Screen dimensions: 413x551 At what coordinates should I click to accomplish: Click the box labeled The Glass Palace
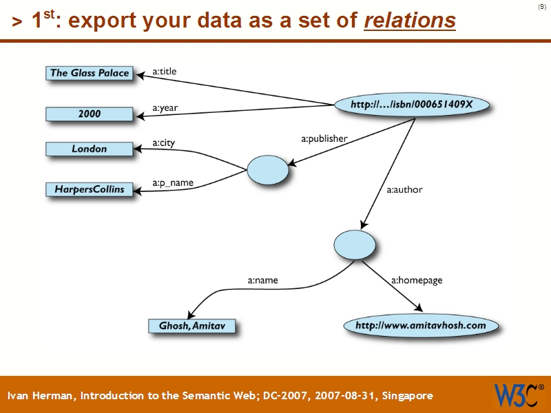click(x=90, y=73)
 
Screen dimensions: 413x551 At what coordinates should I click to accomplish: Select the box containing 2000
click(x=90, y=114)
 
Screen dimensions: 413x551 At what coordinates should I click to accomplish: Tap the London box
click(x=90, y=149)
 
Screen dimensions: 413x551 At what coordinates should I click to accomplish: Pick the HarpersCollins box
click(x=90, y=189)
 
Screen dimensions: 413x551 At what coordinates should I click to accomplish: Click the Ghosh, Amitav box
click(x=191, y=326)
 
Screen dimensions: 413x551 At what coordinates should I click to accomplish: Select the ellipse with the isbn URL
click(x=412, y=105)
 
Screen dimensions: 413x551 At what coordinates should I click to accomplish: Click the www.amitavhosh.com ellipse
click(x=420, y=325)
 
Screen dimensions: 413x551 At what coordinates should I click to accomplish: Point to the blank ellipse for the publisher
click(x=267, y=169)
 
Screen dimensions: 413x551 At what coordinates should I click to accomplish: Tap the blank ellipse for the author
click(x=355, y=244)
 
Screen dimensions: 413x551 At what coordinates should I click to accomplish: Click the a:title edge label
click(x=165, y=70)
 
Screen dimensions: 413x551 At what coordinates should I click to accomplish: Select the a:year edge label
click(x=165, y=108)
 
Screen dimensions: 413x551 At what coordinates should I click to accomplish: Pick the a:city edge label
click(x=164, y=143)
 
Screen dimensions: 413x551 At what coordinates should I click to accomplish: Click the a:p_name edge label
click(x=173, y=183)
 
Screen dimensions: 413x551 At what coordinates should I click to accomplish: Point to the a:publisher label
click(x=324, y=138)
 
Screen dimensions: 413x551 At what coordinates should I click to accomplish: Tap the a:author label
click(x=404, y=189)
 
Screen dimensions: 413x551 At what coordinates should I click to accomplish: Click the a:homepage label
click(x=417, y=280)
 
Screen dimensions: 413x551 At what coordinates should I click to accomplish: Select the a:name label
click(x=262, y=280)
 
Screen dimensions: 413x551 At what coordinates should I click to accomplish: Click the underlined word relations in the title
click(x=409, y=21)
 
